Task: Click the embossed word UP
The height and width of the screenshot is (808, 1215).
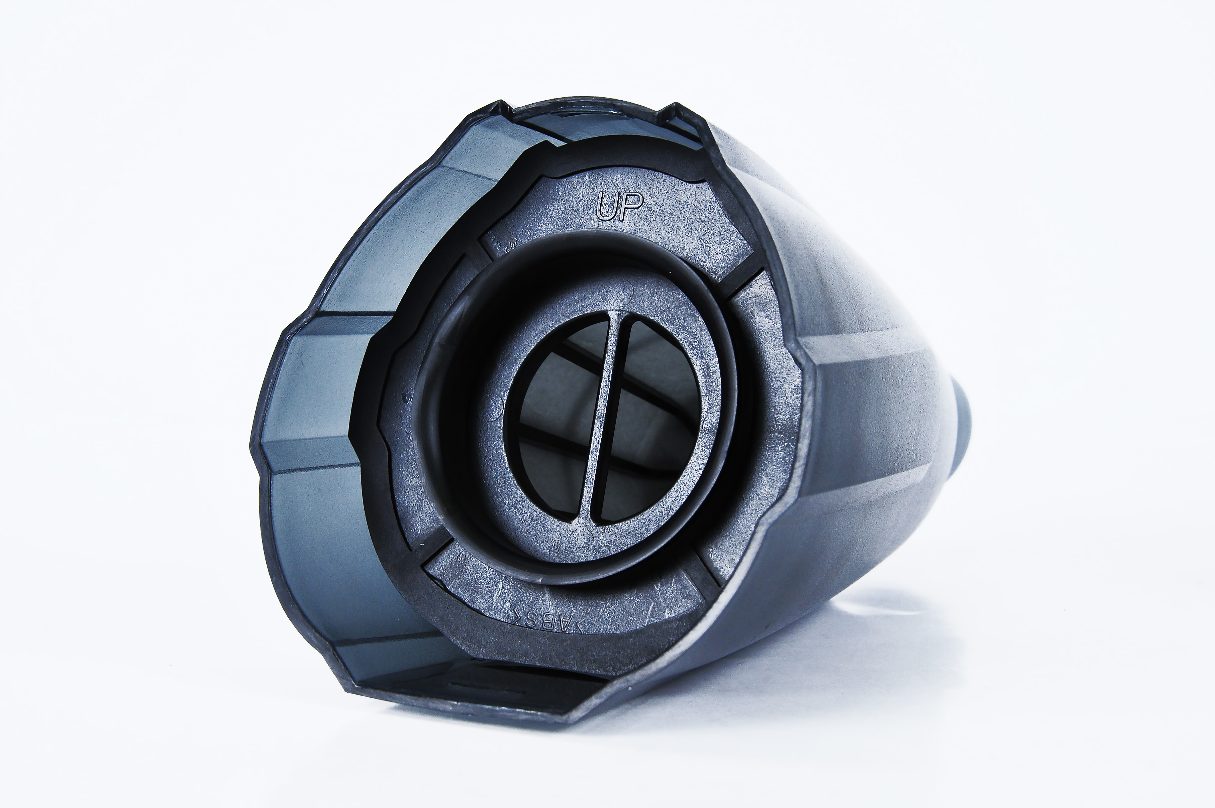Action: [619, 207]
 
